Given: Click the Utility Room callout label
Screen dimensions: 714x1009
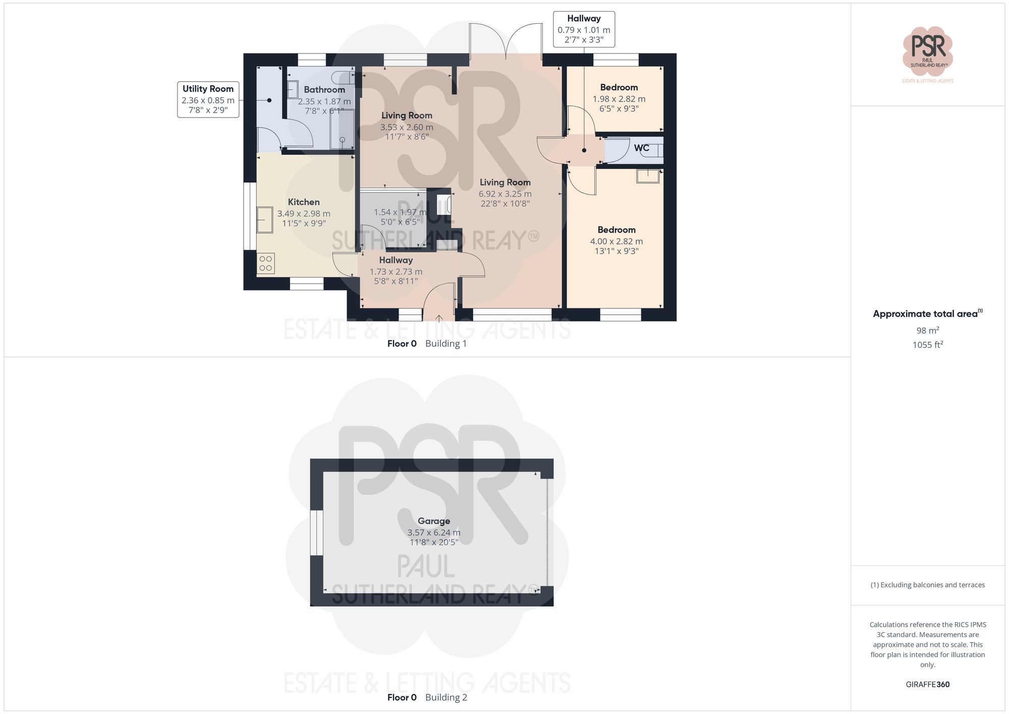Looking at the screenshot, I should point(208,99).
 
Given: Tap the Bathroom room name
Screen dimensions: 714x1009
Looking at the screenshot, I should point(324,90).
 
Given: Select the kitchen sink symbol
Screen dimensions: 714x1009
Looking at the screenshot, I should point(264,219).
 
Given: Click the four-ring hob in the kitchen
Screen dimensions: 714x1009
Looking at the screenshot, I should point(265,263).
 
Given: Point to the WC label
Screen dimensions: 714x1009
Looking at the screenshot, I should point(641,148).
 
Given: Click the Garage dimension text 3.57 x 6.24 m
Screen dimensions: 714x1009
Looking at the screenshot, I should point(433,532).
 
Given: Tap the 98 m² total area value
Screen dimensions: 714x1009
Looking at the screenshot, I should point(927,331).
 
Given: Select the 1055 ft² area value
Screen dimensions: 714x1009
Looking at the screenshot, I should point(927,345).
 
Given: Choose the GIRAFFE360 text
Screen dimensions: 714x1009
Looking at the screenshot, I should point(927,684).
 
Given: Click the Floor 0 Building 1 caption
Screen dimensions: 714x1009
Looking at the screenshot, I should point(427,344).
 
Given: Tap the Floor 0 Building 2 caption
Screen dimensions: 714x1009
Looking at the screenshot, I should point(427,697).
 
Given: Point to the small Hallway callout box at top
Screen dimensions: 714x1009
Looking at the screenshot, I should point(584,29).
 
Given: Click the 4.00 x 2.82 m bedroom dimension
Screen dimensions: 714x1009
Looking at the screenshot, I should point(616,241).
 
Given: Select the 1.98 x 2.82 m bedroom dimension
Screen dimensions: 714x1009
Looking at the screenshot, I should point(619,99).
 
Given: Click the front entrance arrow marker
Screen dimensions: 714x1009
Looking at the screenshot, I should point(439,318).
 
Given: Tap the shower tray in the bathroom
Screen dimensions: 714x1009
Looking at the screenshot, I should point(342,130).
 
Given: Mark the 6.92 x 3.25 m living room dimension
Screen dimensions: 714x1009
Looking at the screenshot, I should point(504,194).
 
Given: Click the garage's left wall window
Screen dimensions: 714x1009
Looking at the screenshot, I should point(316,532).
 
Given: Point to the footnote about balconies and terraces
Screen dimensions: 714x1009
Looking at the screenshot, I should point(927,585).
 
